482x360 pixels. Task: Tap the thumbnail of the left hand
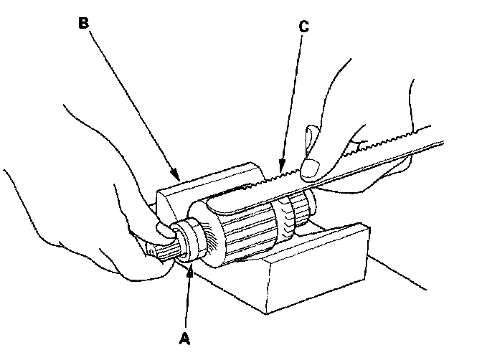coord(161,231)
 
